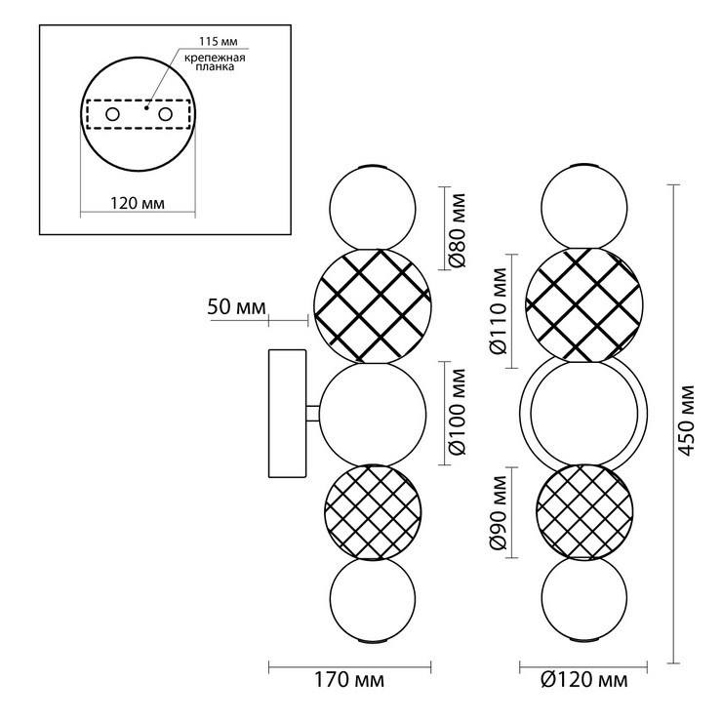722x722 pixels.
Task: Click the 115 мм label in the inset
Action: [x=219, y=41]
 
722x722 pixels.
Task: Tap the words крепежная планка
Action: [x=215, y=62]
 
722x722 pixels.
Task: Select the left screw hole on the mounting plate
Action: [x=113, y=114]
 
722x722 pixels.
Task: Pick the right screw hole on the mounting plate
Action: [x=165, y=114]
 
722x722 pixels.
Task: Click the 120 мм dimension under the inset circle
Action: [x=138, y=203]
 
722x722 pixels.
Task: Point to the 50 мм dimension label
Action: [x=237, y=306]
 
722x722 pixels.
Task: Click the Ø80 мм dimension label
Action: [x=458, y=230]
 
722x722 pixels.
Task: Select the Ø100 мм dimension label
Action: [x=458, y=412]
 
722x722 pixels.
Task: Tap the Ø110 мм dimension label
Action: [x=499, y=311]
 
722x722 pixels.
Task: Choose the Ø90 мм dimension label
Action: [x=499, y=512]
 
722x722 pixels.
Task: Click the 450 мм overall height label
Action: [x=686, y=421]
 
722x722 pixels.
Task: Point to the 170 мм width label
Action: [x=349, y=680]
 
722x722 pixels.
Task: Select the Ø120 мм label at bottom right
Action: [x=583, y=680]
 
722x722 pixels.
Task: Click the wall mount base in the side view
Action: [x=287, y=413]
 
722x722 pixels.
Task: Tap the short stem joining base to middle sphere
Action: [x=313, y=413]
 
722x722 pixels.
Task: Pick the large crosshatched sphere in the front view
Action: [x=583, y=305]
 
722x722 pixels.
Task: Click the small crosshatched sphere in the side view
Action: [x=373, y=512]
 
